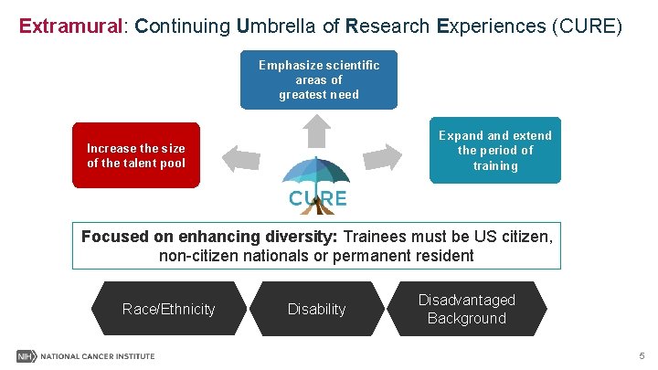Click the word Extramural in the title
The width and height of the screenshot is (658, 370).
pos(70,26)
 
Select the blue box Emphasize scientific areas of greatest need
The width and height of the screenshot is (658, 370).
pos(319,79)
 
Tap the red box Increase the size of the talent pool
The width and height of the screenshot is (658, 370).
pos(136,155)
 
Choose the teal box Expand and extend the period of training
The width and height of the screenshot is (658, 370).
pos(495,150)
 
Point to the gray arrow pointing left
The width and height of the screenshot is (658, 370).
pos(242,159)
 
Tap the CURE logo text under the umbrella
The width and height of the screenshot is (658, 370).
pos(318,197)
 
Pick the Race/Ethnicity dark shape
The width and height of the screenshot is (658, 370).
pos(169,309)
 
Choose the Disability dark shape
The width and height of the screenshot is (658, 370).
pos(317,309)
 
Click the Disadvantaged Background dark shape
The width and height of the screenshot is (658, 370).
pos(467,309)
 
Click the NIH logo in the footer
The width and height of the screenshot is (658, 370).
pos(26,355)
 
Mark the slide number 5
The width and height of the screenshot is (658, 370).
pos(642,355)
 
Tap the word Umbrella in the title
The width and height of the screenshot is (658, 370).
pos(272,26)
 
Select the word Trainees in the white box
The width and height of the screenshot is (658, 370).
pos(374,237)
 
